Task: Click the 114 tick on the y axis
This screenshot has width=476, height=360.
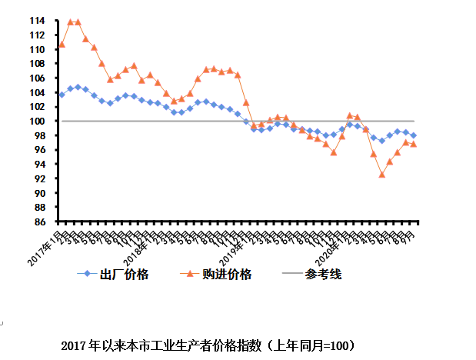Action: (x=38, y=21)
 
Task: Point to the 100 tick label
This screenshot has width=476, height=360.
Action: (x=38, y=121)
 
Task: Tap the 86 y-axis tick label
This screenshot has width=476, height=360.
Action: (x=40, y=222)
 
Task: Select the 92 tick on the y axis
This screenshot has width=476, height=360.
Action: (x=40, y=178)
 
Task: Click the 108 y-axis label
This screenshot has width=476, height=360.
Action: (x=38, y=64)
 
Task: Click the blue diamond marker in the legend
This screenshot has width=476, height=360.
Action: (x=86, y=274)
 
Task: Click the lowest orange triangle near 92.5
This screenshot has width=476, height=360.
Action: (x=381, y=174)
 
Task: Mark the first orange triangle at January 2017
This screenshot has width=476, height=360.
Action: (x=62, y=44)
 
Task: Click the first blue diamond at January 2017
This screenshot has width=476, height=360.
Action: (x=62, y=95)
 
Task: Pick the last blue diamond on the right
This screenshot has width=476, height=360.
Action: (x=414, y=135)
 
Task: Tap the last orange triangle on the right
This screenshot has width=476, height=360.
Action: (x=414, y=144)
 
